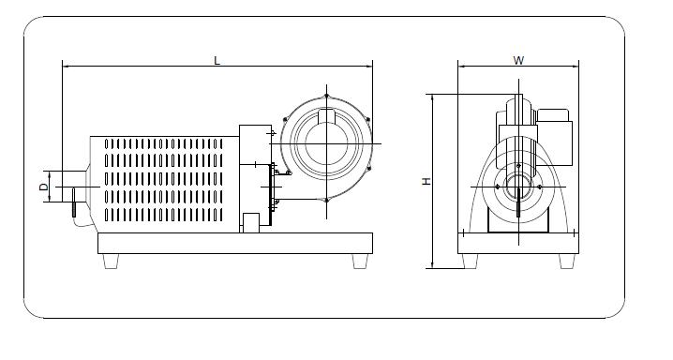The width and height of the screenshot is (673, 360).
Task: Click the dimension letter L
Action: pyautogui.click(x=217, y=61)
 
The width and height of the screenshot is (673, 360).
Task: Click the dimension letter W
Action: pyautogui.click(x=518, y=61)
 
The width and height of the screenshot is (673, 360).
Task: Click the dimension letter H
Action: pyautogui.click(x=426, y=181)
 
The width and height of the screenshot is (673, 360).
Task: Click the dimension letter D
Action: pyautogui.click(x=44, y=187)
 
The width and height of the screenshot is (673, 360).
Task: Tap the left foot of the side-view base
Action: pyautogui.click(x=111, y=262)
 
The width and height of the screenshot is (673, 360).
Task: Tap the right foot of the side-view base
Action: pyautogui.click(x=360, y=262)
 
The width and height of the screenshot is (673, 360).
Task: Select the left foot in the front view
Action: pyautogui.click(x=470, y=262)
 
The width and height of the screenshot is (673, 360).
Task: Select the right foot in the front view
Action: pyautogui.click(x=567, y=262)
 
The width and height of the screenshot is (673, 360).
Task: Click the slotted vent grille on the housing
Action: pyautogui.click(x=163, y=180)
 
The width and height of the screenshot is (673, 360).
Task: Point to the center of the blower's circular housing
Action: pyautogui.click(x=326, y=143)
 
